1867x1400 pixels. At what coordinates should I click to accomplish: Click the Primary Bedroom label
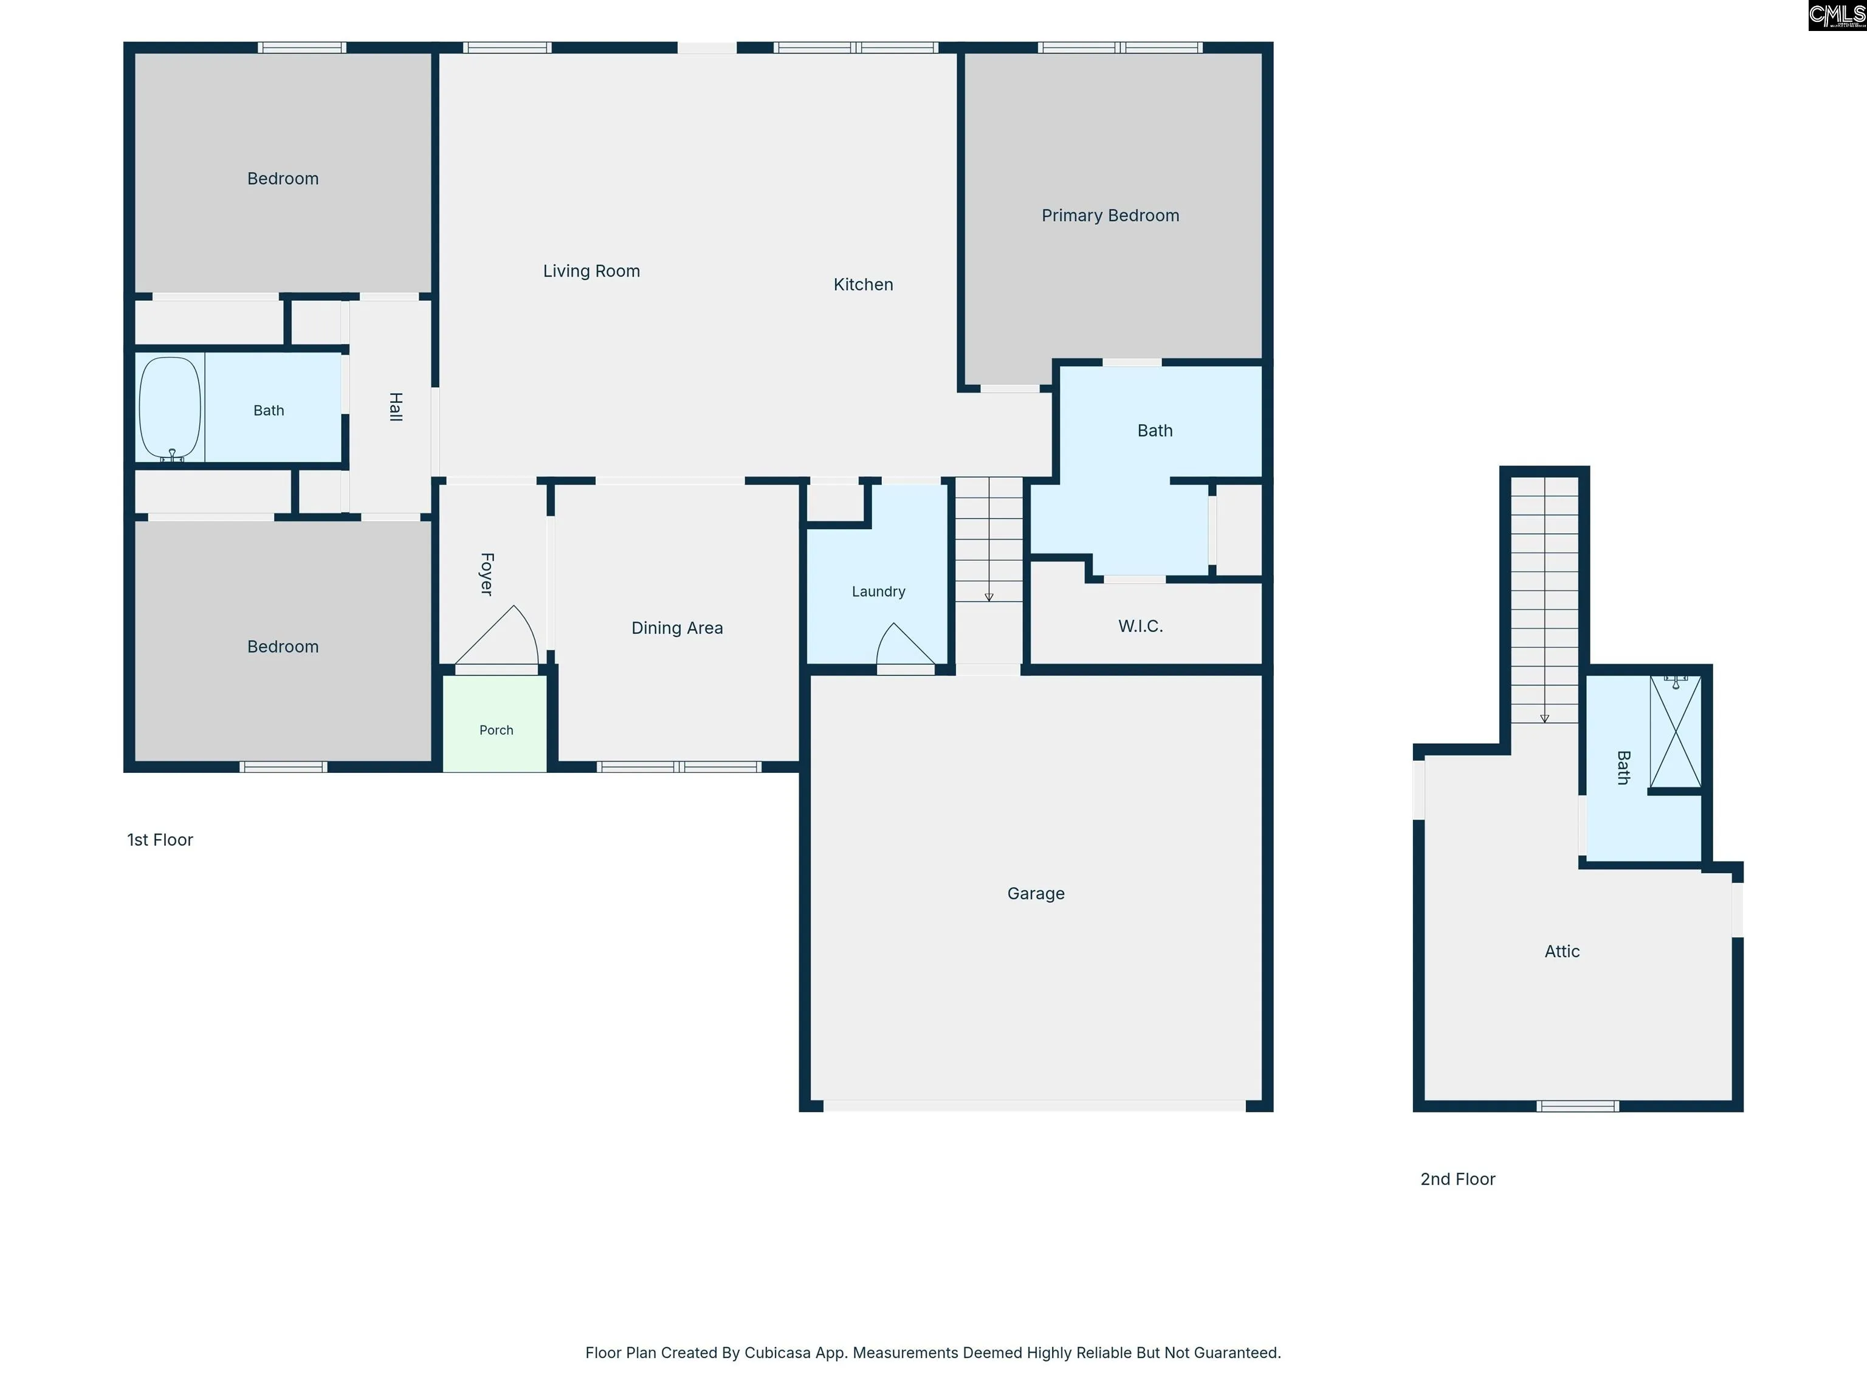tap(1110, 215)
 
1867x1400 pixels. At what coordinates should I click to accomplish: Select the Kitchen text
tap(862, 284)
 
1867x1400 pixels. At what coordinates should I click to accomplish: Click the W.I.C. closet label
tap(1140, 626)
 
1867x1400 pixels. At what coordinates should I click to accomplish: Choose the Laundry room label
tap(878, 592)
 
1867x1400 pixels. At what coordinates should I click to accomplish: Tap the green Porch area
tap(495, 723)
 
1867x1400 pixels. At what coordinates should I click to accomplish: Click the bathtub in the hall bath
tap(170, 408)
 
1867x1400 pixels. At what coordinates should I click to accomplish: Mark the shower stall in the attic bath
tap(1676, 732)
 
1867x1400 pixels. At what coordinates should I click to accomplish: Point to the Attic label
tap(1561, 951)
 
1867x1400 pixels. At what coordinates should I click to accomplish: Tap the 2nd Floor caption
tap(1457, 1179)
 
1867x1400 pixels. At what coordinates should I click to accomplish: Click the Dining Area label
tap(677, 628)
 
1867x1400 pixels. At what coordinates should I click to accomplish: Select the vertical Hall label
tap(395, 407)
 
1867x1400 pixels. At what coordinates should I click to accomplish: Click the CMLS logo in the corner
tap(1837, 15)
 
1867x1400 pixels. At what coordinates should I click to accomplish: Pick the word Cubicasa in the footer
tap(777, 1353)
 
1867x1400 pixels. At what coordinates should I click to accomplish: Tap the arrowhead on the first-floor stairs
tap(988, 597)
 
